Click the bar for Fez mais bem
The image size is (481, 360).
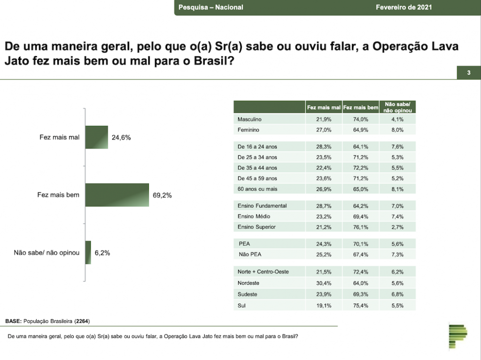117,194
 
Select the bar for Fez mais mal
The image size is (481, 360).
97,137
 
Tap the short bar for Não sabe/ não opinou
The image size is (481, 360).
88,252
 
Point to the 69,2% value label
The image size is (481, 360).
162,195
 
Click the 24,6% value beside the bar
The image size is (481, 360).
121,138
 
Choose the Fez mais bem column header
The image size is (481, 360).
361,107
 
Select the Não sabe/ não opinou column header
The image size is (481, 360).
398,107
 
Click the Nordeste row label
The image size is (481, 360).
248,283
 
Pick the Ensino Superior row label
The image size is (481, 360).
256,227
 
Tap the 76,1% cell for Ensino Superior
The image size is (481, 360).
361,227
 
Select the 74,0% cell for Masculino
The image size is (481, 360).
361,120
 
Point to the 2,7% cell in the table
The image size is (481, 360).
398,227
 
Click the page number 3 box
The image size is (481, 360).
469,73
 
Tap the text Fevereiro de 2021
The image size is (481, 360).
403,8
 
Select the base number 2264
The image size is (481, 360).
82,322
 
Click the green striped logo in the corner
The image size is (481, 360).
458,336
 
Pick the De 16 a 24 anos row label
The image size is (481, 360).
257,147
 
